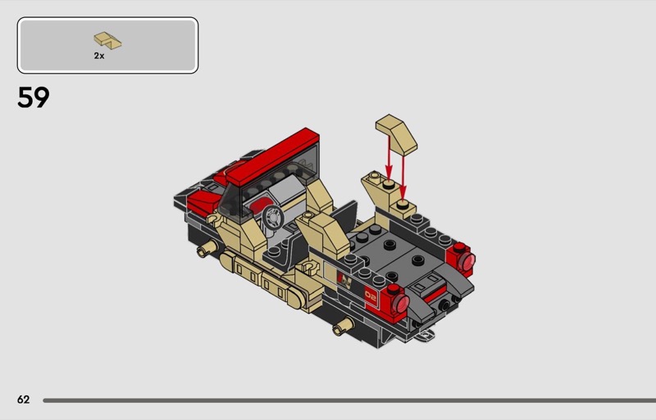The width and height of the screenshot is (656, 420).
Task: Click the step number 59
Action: (x=34, y=97)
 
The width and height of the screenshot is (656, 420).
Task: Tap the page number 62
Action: (x=24, y=400)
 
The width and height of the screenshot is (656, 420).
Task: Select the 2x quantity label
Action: (x=99, y=56)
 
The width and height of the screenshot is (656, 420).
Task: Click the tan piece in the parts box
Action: (x=107, y=41)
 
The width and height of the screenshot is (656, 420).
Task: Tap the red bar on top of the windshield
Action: (x=272, y=156)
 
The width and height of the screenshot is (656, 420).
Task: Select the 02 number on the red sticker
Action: (x=371, y=296)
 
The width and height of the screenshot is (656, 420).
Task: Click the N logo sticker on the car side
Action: (x=344, y=280)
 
